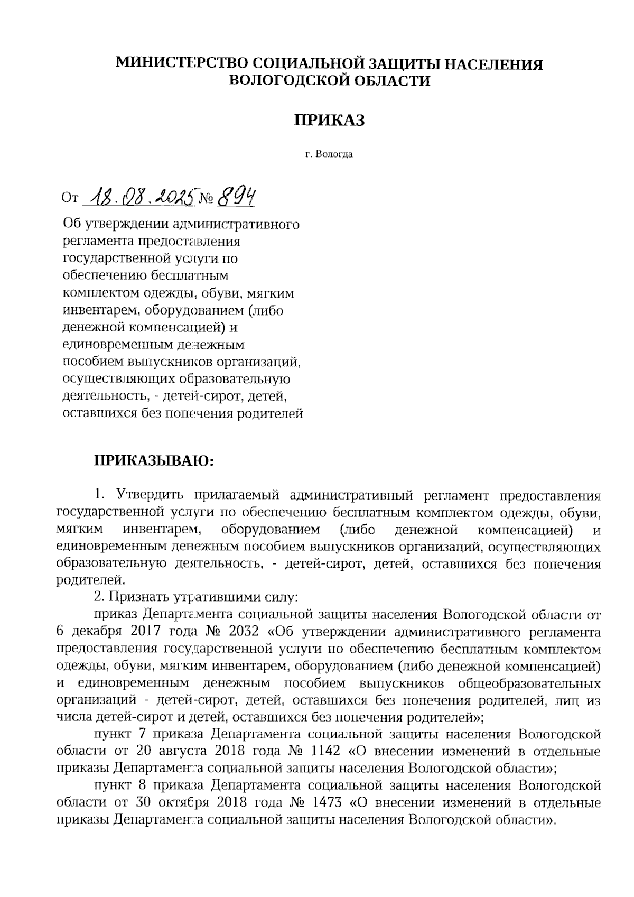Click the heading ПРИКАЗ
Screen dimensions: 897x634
pyautogui.click(x=329, y=121)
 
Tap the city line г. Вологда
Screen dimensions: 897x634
pyautogui.click(x=329, y=155)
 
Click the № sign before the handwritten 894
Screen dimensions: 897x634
pyautogui.click(x=207, y=200)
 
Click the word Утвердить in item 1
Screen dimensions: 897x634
pyautogui.click(x=149, y=495)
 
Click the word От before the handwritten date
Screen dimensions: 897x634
pyautogui.click(x=70, y=199)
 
